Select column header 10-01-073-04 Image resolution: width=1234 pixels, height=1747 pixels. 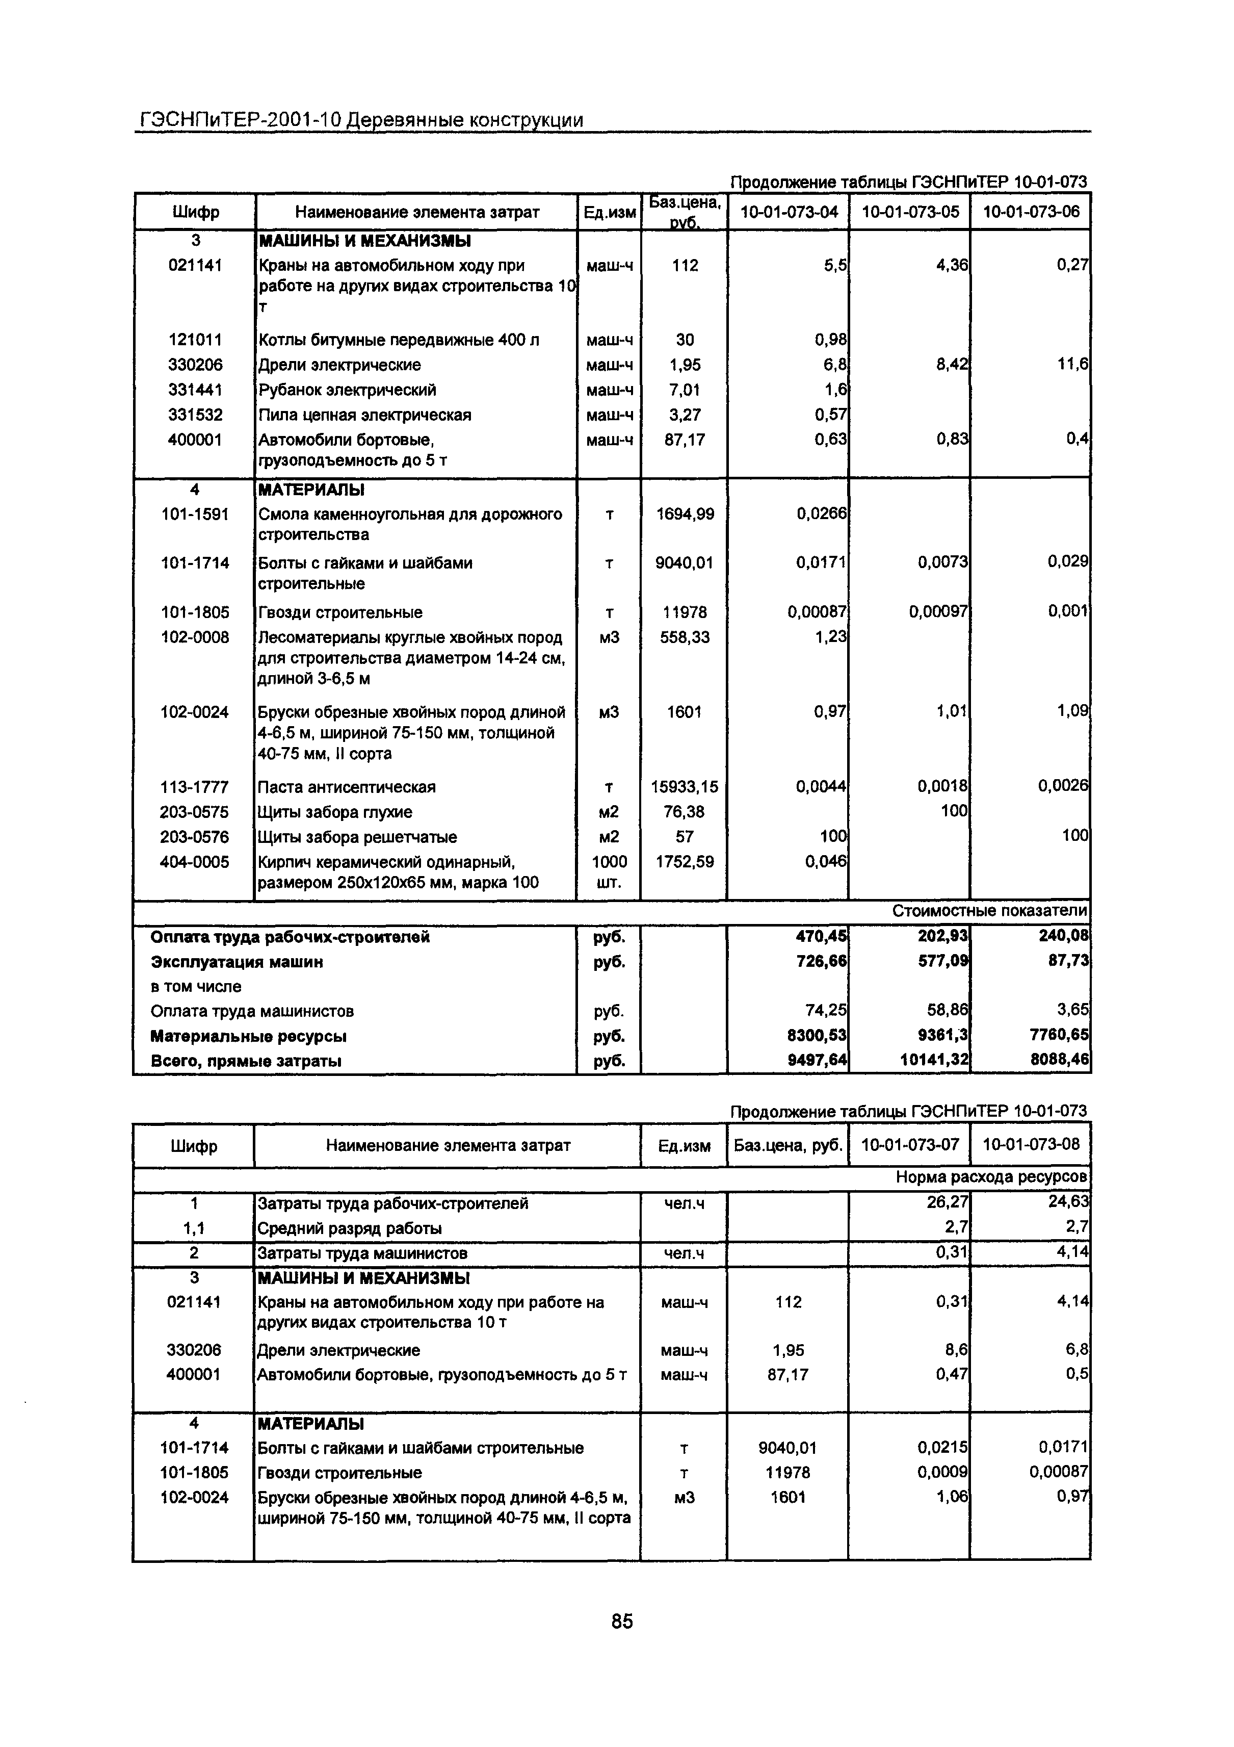click(789, 212)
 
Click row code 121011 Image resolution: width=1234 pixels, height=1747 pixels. click(196, 340)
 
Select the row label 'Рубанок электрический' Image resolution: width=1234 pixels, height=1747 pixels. click(347, 390)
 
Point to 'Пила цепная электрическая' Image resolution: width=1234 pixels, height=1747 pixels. click(364, 415)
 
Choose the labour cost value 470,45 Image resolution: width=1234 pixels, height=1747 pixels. click(822, 937)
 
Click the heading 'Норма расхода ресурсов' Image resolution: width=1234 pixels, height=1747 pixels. click(991, 1177)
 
